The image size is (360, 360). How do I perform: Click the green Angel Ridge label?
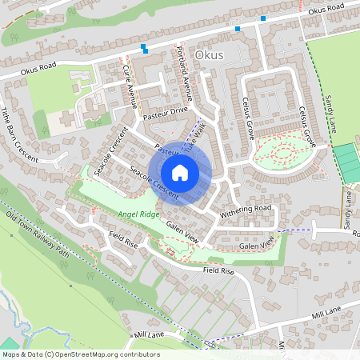click(139, 214)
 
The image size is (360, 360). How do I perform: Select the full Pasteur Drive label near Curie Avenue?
click(164, 113)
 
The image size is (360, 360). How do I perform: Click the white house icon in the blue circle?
click(180, 172)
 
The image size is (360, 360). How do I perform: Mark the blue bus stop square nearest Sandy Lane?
click(263, 17)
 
